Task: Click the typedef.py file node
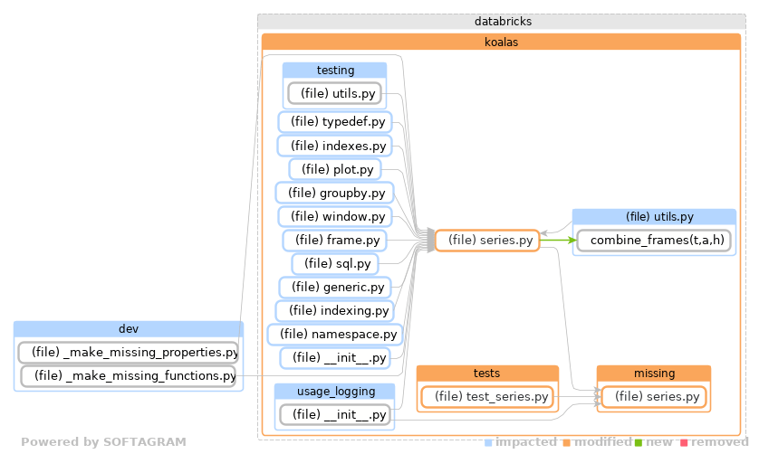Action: pyautogui.click(x=333, y=122)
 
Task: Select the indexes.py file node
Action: pyautogui.click(x=333, y=146)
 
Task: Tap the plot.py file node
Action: pyautogui.click(x=335, y=169)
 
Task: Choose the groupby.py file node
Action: pyautogui.click(x=334, y=193)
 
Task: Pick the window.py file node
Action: pyautogui.click(x=334, y=216)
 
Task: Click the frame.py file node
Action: pyautogui.click(x=335, y=241)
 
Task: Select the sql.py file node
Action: pyautogui.click(x=335, y=264)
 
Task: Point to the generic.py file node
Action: pyautogui.click(x=334, y=288)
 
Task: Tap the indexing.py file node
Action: pyautogui.click(x=334, y=311)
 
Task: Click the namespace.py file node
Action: pyautogui.click(x=334, y=335)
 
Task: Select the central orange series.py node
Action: pyautogui.click(x=487, y=241)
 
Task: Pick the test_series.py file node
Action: pyautogui.click(x=487, y=396)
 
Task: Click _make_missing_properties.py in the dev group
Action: pyautogui.click(x=129, y=352)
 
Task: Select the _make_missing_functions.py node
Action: pyautogui.click(x=129, y=375)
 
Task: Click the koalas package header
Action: pyautogui.click(x=501, y=42)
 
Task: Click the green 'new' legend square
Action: pyautogui.click(x=639, y=442)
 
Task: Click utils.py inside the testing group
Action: pyautogui.click(x=333, y=93)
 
